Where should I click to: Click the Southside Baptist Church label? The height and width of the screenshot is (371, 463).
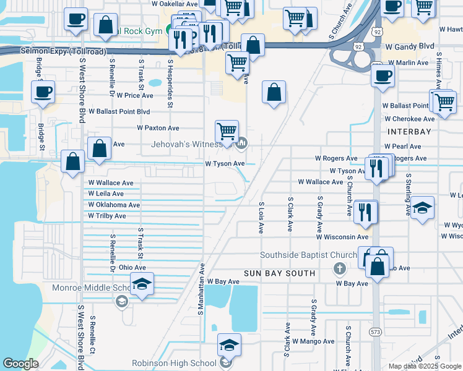308,255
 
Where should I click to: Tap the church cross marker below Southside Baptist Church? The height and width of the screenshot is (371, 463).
339,268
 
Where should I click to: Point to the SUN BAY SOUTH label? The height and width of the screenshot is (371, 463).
279,273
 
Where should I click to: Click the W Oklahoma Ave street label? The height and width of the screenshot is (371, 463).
114,205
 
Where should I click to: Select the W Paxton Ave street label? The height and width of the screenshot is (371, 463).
158,128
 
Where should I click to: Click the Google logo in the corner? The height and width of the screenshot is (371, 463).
21,364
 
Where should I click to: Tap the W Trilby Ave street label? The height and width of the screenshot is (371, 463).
106,216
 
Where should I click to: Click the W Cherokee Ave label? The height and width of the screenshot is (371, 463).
409,119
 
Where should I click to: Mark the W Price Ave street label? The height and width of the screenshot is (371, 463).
129,95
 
